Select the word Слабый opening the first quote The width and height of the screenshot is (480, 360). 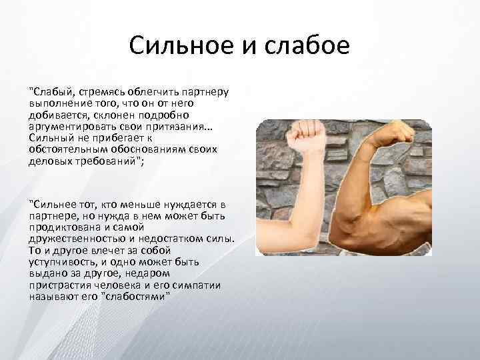pos(51,91)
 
